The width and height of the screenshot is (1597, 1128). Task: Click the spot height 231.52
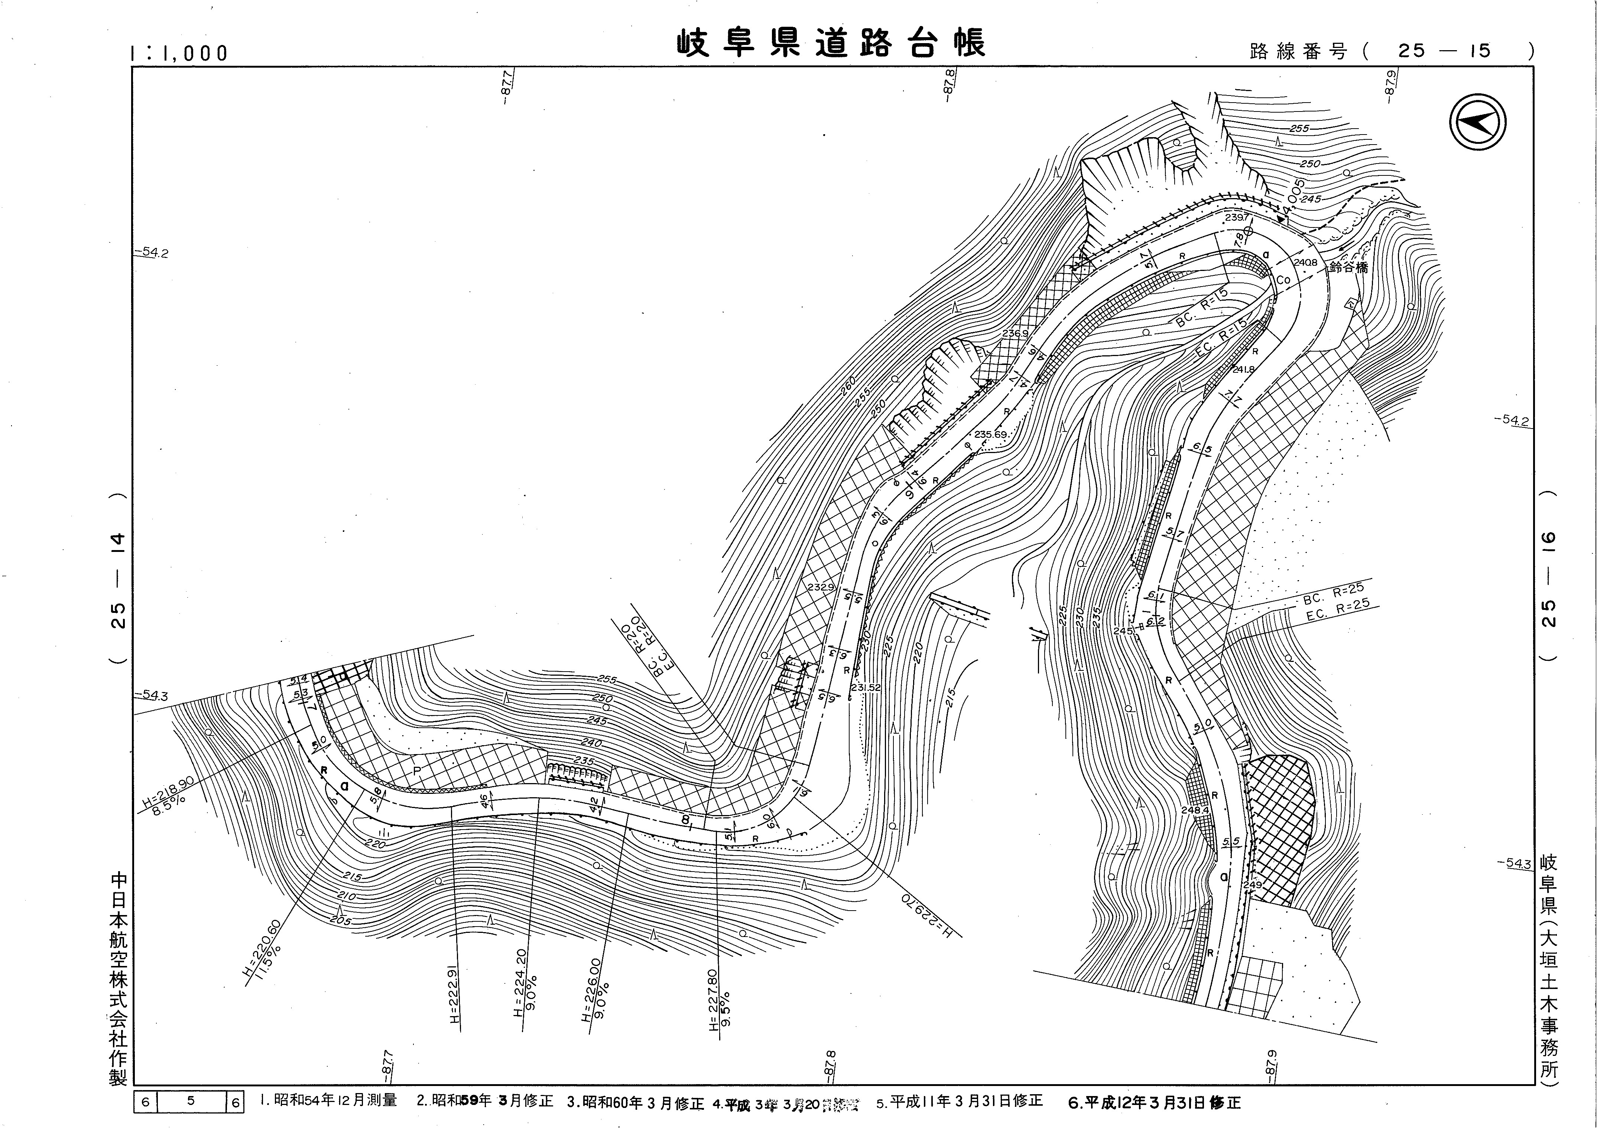pos(865,688)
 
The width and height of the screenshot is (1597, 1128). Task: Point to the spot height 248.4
pos(1195,810)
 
